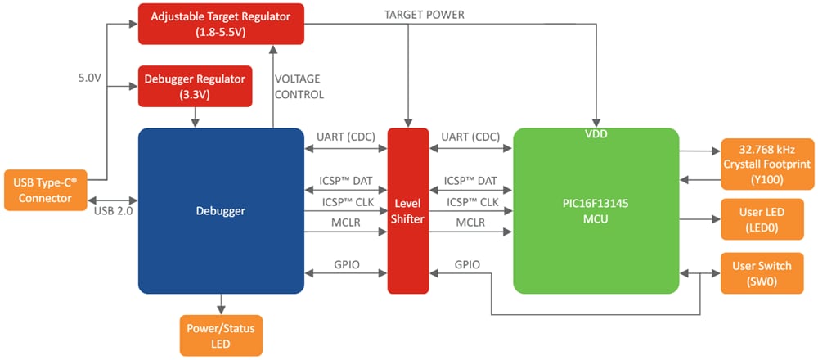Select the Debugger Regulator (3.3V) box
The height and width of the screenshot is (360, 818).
pos(194,87)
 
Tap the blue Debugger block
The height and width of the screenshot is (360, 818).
pos(220,211)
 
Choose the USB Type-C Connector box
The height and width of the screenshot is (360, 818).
pos(46,189)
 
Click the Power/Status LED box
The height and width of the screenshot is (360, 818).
pos(221,335)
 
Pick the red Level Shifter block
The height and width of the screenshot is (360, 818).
pos(407,211)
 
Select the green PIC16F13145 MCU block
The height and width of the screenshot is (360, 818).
pos(596,211)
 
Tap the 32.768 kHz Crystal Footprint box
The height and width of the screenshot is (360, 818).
pos(766,164)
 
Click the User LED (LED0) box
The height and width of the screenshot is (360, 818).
pos(766,218)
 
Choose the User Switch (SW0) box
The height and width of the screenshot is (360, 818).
pos(766,272)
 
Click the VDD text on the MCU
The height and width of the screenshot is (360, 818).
pos(596,133)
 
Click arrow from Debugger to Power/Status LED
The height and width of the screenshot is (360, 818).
pos(220,304)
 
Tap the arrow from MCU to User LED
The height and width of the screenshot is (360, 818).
pos(699,218)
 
